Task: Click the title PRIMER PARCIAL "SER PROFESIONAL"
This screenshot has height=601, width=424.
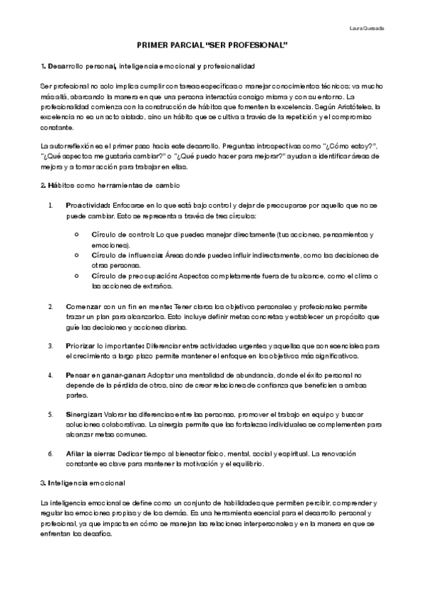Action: (212, 44)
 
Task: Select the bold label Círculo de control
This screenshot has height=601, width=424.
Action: (117, 235)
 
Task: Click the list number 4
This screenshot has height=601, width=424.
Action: (50, 374)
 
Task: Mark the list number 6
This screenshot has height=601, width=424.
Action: (50, 453)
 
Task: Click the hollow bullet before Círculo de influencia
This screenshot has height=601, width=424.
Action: (75, 254)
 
